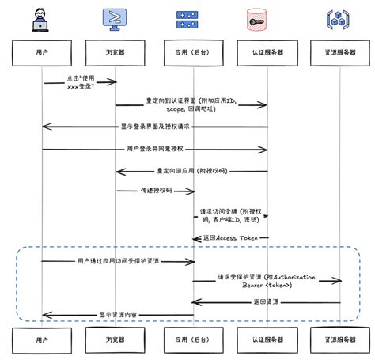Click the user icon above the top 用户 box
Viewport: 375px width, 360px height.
coord(41,20)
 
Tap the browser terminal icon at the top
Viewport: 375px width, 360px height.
coord(116,20)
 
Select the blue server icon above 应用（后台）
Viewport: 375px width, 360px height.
coord(192,20)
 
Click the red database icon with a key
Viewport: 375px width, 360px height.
coord(267,20)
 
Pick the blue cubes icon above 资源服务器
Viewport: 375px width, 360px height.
coord(341,20)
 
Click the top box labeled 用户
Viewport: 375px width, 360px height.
coord(42,53)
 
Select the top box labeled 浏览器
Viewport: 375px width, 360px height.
coord(117,53)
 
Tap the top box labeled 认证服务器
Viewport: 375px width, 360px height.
coord(267,53)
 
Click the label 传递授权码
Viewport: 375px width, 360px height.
coord(155,191)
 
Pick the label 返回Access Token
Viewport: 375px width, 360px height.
coord(231,238)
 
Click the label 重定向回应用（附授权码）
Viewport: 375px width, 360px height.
coord(192,170)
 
